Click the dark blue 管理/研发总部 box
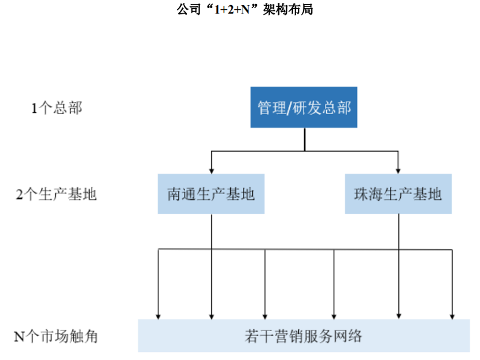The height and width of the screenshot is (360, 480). [x=304, y=107]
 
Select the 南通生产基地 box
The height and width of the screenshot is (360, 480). [x=211, y=194]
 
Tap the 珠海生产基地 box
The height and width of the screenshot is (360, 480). [x=398, y=194]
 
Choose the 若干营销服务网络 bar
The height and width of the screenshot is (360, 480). [x=304, y=336]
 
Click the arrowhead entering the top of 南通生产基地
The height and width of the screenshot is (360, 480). [x=212, y=170]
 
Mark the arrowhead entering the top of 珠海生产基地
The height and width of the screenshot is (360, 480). [x=398, y=170]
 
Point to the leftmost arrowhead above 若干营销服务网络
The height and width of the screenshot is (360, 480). [x=158, y=315]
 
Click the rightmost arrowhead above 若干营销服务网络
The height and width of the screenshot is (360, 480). [x=452, y=315]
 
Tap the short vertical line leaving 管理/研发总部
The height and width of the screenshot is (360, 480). [x=304, y=139]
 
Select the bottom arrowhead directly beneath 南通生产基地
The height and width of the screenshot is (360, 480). [x=212, y=315]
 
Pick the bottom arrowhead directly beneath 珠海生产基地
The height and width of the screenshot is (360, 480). [x=398, y=315]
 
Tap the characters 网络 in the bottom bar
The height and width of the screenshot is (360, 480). [x=350, y=336]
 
